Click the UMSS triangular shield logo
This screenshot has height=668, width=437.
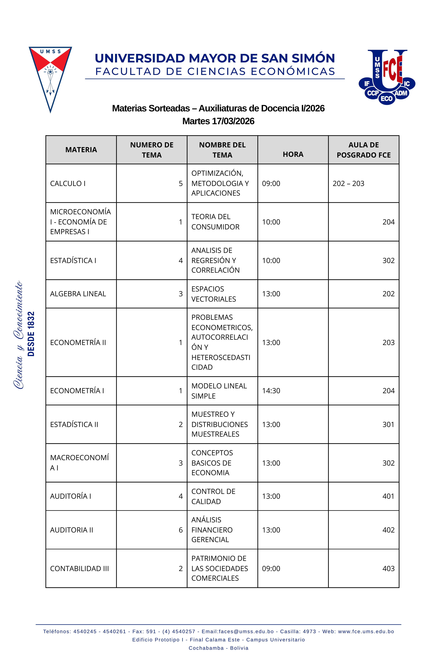coord(51,76)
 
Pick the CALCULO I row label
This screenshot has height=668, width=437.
coord(68,184)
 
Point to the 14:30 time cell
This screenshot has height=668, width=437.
coord(271,391)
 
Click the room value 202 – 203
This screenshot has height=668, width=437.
coord(348,184)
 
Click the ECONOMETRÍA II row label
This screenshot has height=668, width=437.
coord(78,342)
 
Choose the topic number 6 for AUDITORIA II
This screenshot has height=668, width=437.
coord(181,530)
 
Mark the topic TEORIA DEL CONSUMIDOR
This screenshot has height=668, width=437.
coord(215,222)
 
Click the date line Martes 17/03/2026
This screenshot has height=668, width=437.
coord(218,121)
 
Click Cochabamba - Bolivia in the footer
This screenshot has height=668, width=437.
coord(219,648)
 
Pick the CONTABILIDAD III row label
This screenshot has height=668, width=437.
coord(79,569)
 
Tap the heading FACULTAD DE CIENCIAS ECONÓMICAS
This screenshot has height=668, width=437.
coord(215,72)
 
